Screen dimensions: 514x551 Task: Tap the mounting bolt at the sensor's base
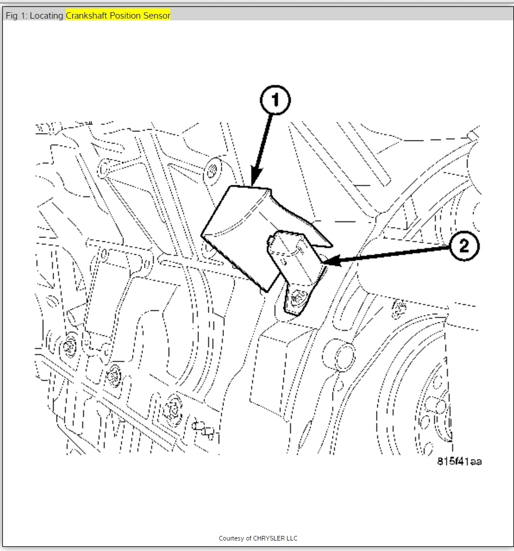tap(299, 298)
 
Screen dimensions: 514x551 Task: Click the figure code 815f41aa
tap(459, 461)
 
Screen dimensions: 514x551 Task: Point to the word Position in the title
tap(127, 16)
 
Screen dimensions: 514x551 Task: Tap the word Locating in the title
tap(47, 16)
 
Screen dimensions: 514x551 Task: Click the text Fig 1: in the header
tap(16, 16)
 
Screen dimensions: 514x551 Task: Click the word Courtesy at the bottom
tap(231, 538)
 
